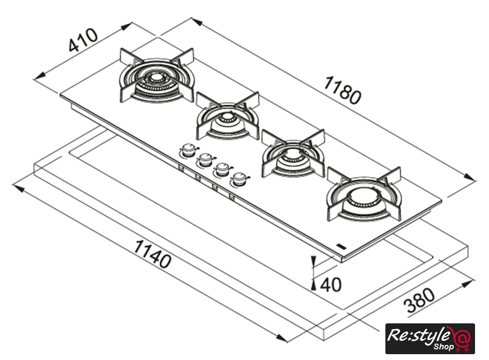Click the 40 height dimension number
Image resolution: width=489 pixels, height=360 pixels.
coord(330,284)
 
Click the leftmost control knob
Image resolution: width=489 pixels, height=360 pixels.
coord(187,151)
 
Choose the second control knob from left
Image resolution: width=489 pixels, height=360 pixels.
coord(205,159)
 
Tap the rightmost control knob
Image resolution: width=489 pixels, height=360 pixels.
coord(238,179)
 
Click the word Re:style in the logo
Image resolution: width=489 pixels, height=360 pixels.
coord(419,335)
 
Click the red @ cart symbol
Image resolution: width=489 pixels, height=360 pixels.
coord(463,339)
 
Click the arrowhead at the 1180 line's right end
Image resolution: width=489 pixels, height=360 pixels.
coord(472,180)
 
